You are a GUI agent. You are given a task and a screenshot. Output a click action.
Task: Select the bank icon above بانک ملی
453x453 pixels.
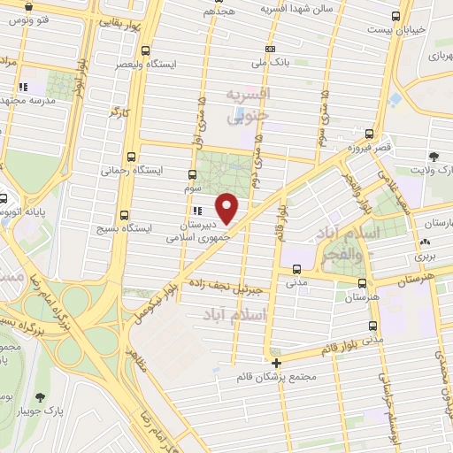(x=270, y=49)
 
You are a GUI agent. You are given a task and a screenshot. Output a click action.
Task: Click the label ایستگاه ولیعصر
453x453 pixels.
(x=145, y=64)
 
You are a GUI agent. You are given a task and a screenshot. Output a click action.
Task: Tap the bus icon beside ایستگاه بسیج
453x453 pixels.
(x=122, y=215)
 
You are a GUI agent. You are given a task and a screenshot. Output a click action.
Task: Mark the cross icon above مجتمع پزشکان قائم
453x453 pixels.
(x=277, y=363)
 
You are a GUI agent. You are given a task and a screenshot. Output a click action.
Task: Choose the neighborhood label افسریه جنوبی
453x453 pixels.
(x=246, y=104)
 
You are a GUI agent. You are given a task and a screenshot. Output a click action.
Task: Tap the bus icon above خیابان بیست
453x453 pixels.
(x=397, y=15)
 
